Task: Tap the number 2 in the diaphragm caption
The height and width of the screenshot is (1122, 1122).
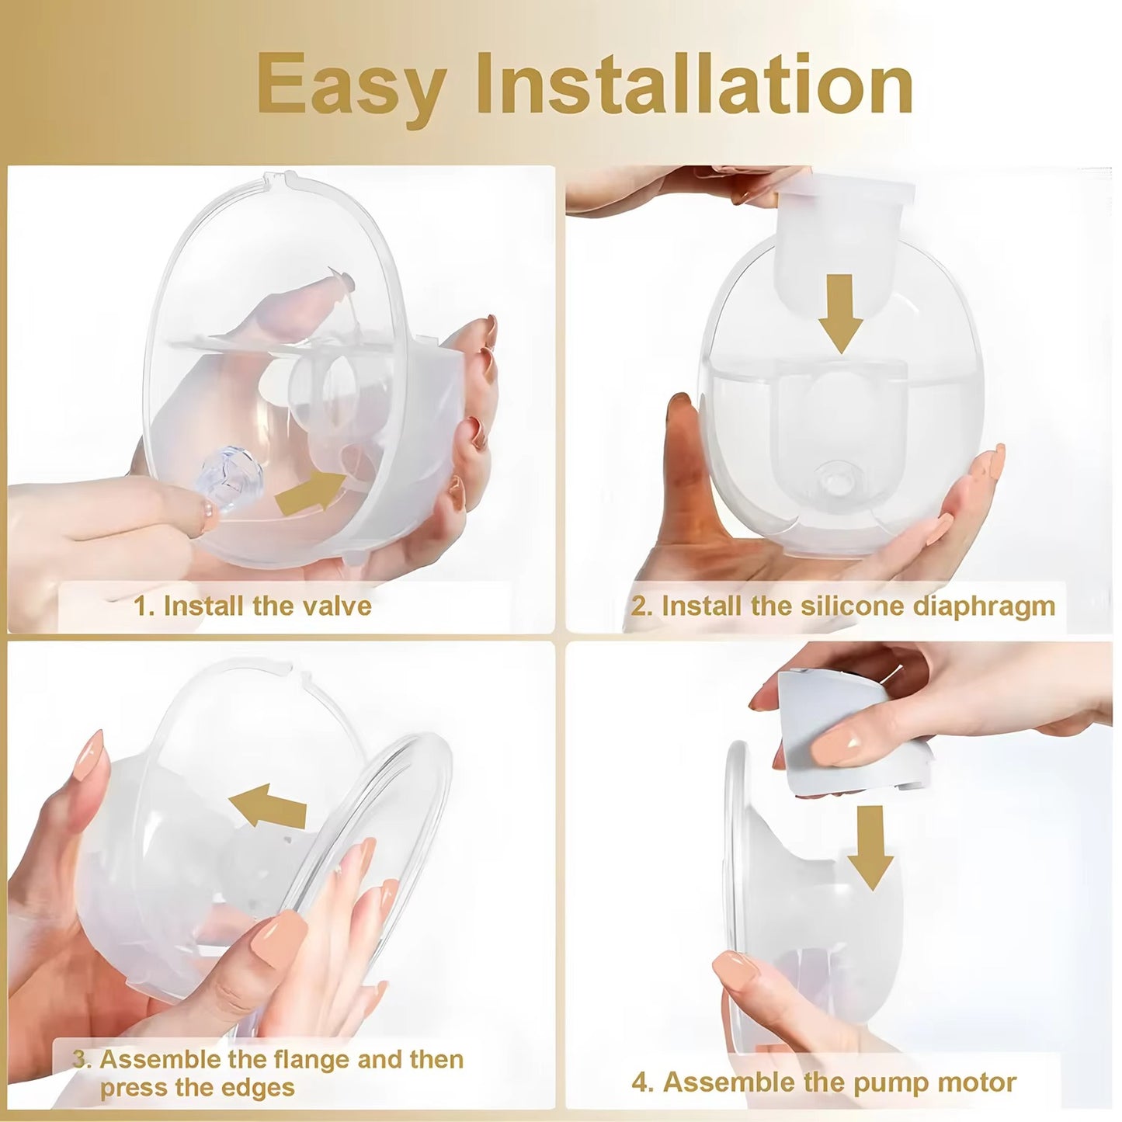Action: coord(637,606)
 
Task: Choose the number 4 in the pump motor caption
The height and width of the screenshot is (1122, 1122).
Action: coord(640,1082)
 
